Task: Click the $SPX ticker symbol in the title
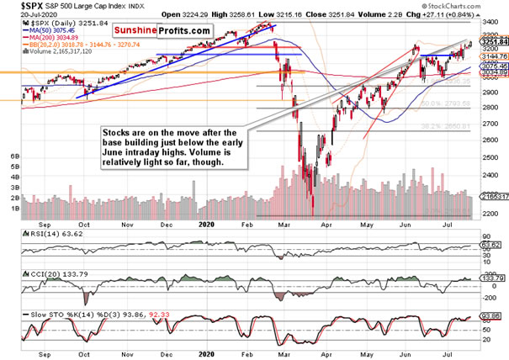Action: point(16,6)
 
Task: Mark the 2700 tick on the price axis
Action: point(485,124)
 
